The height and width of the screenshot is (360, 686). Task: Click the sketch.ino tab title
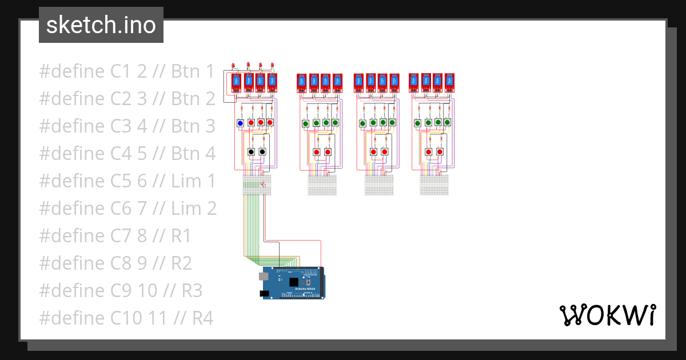point(101,25)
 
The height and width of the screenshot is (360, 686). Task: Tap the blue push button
point(240,123)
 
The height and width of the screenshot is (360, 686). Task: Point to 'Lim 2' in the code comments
point(194,209)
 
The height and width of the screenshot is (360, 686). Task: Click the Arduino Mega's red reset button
point(309,282)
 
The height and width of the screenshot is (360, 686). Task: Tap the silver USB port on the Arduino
point(263,276)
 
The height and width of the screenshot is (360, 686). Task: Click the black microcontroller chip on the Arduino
point(294,282)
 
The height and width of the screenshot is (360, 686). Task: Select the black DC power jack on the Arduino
point(265,293)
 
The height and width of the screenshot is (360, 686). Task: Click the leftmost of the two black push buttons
point(251,151)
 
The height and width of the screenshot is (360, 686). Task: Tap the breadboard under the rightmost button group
point(434,185)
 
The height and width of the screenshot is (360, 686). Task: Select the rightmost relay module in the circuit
point(450,83)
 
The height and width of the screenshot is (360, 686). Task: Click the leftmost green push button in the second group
point(306,123)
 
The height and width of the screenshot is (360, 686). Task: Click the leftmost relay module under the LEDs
point(236,83)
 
